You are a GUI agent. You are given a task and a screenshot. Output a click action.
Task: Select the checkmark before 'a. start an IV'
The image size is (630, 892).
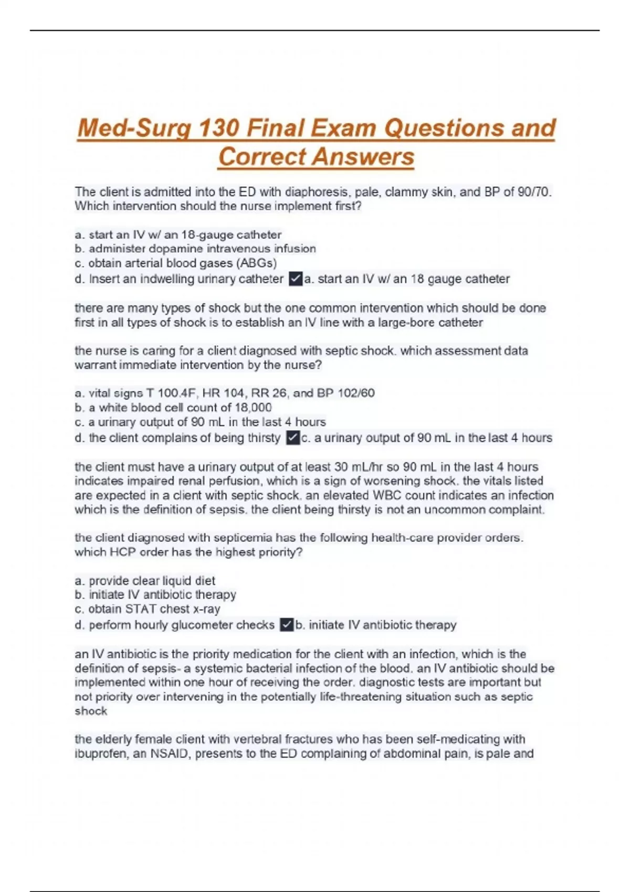(296, 279)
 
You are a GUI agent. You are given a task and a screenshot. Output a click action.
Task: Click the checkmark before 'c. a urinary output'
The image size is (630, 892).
(292, 438)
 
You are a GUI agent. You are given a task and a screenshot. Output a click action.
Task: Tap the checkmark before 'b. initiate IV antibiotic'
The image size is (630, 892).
(287, 625)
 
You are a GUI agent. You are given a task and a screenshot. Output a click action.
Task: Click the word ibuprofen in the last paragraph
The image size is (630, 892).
(101, 754)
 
